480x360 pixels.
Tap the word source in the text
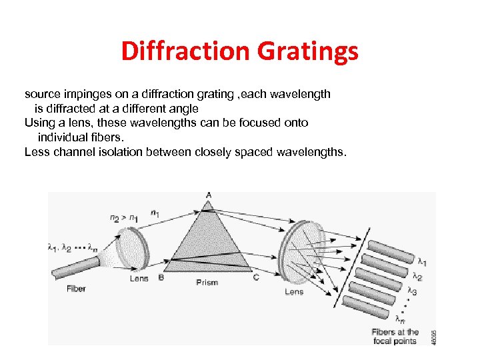41,94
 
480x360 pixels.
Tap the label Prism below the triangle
207,283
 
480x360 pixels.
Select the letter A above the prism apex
209,195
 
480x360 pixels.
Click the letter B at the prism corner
161,278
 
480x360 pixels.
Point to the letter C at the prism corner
256,278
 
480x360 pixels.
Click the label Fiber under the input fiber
76,289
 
